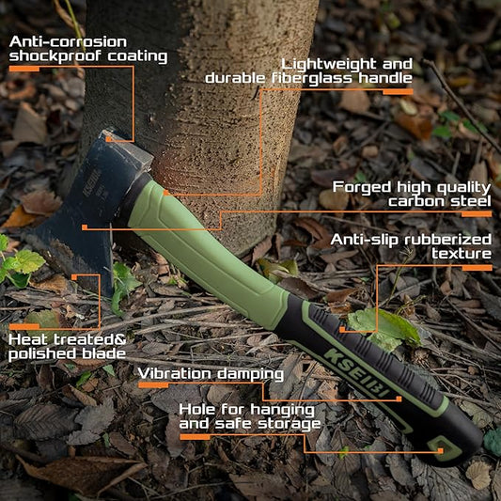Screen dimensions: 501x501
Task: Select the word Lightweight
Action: [x=330, y=63]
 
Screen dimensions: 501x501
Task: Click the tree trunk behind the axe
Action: [x=226, y=113]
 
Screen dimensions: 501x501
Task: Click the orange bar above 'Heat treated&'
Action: [x=23, y=326]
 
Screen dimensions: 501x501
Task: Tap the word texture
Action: [x=462, y=254]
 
